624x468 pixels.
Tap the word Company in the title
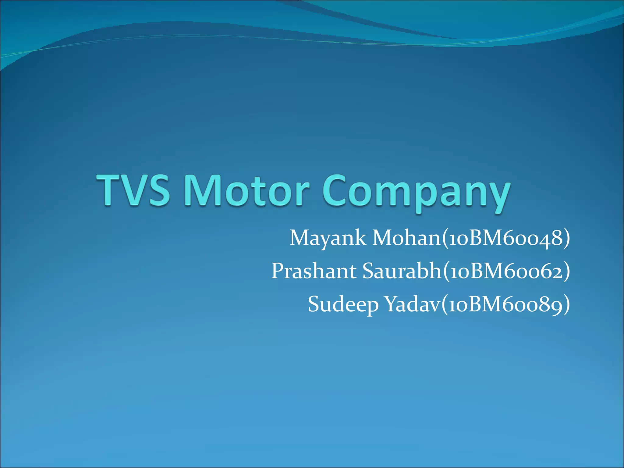(416, 192)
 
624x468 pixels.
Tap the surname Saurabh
(402, 271)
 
